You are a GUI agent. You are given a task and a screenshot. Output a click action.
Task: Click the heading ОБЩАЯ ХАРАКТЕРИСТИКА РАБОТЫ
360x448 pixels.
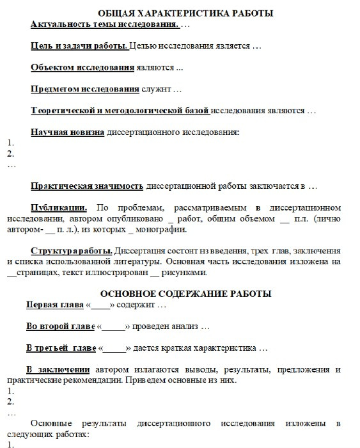[x=185, y=13]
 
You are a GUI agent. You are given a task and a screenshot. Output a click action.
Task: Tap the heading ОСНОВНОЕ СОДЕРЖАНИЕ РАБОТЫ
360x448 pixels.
[x=185, y=293]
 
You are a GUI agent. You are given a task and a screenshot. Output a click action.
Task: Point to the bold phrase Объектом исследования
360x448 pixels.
[x=82, y=67]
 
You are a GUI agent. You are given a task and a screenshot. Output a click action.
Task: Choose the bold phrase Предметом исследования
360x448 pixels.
[x=85, y=89]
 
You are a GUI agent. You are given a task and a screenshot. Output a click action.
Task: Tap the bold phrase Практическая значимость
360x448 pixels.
[x=87, y=186]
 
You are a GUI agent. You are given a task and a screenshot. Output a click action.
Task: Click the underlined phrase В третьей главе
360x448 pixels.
[x=61, y=349]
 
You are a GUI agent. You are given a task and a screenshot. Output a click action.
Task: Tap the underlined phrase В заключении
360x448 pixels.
[x=58, y=371]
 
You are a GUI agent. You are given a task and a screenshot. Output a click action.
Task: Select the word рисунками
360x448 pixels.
[x=185, y=273]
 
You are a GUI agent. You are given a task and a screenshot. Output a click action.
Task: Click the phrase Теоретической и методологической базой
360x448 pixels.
[x=120, y=111]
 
